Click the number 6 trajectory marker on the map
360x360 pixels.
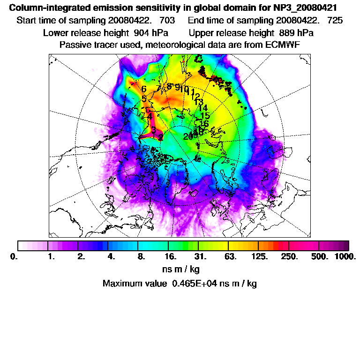[x=143, y=89]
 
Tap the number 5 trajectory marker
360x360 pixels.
[x=144, y=99]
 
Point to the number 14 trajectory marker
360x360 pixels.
[x=203, y=108]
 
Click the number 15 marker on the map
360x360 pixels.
[x=205, y=116]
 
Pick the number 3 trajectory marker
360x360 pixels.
[x=153, y=129]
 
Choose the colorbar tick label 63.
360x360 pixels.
[x=230, y=257]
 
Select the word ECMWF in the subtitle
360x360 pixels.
[x=282, y=45]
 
